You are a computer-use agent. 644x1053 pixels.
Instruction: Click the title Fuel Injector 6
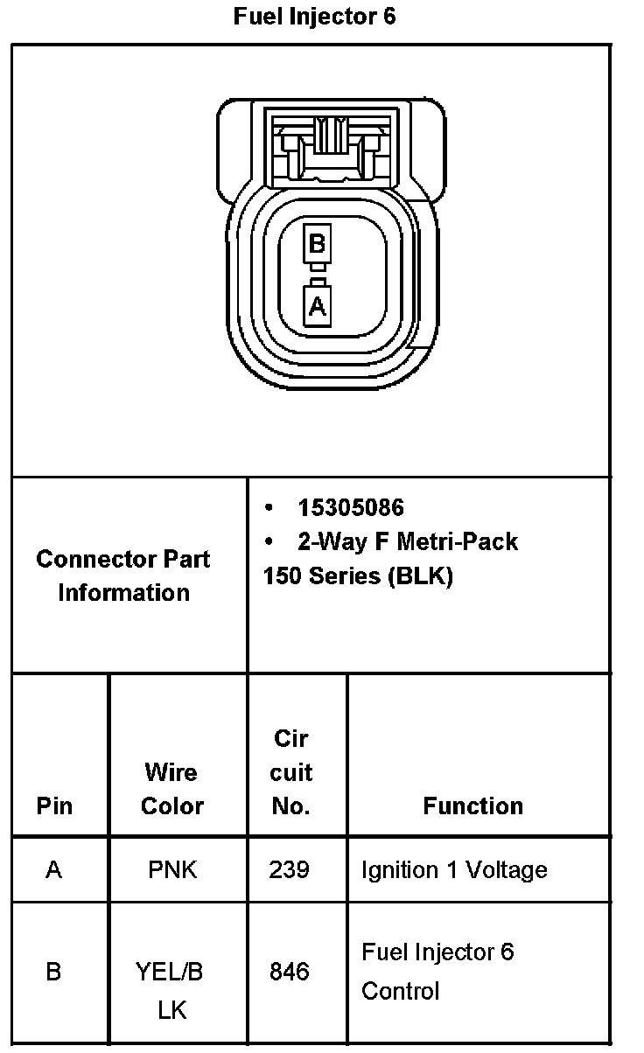[314, 17]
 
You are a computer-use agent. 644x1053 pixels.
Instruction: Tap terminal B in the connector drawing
[317, 242]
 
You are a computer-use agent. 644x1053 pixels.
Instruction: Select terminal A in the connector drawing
[317, 306]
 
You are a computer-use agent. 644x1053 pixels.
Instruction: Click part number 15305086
[350, 508]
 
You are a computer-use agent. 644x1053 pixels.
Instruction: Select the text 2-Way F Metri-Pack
[407, 542]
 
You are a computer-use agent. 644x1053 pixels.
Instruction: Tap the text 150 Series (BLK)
[357, 577]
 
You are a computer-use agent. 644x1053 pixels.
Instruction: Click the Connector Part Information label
[123, 575]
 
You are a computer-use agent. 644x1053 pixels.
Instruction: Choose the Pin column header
[54, 805]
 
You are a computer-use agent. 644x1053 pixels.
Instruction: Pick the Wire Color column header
[171, 789]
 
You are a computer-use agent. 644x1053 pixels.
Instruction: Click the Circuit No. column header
[291, 772]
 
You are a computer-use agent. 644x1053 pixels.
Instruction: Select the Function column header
[472, 805]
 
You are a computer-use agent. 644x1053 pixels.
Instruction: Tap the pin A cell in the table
[54, 870]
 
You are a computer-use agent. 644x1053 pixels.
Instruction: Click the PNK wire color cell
[173, 870]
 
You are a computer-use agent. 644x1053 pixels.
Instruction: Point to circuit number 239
[290, 870]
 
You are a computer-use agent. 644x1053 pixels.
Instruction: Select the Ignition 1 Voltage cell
[454, 870]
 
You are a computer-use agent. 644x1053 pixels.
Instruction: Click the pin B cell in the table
[53, 972]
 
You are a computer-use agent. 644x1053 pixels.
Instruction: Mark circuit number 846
[290, 972]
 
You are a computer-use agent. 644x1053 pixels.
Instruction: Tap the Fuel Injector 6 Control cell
[437, 971]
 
